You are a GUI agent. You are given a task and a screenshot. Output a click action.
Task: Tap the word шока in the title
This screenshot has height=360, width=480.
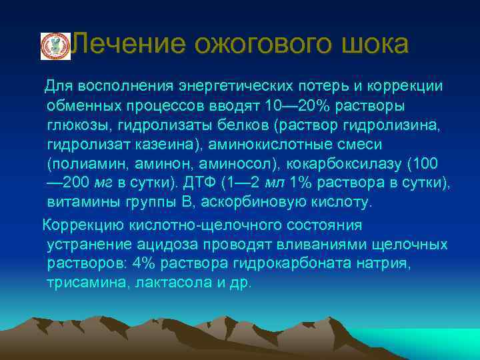373,45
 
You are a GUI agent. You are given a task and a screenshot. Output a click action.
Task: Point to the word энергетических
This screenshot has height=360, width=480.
237,87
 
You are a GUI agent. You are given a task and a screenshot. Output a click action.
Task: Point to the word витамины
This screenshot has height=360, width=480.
80,202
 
